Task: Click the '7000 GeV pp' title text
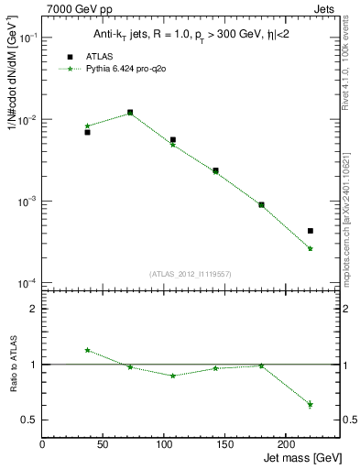point(73,9)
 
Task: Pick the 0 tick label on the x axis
point(42,443)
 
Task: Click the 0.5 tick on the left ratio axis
point(30,420)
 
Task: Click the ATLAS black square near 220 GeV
point(311,231)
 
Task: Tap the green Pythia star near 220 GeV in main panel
point(311,248)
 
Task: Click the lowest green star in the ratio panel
point(311,404)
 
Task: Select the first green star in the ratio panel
point(87,350)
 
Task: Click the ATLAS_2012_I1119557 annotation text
point(189,274)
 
